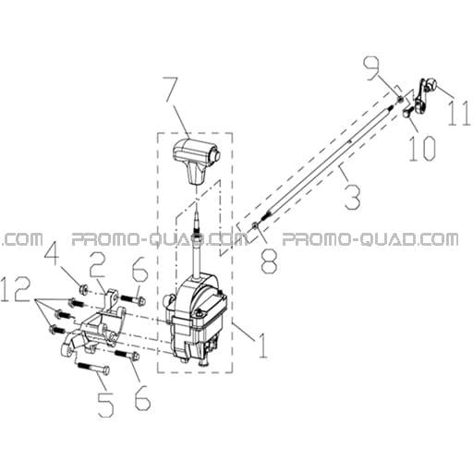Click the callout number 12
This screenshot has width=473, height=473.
[16, 289]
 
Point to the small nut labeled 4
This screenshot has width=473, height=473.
[82, 289]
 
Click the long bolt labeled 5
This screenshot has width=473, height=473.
[93, 367]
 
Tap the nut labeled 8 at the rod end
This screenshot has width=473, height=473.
[255, 226]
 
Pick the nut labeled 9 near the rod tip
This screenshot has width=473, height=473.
[400, 99]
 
